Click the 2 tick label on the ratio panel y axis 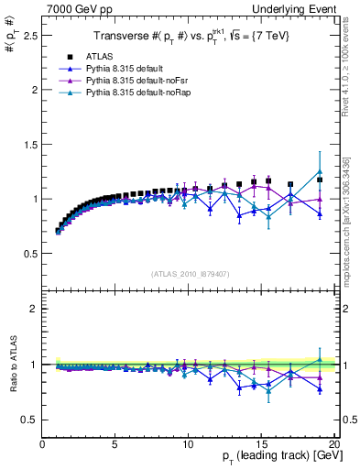(x=32, y=309)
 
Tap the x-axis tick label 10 (x=188, y=444)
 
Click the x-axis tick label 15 (x=261, y=444)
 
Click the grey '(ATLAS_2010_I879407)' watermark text (x=189, y=274)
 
